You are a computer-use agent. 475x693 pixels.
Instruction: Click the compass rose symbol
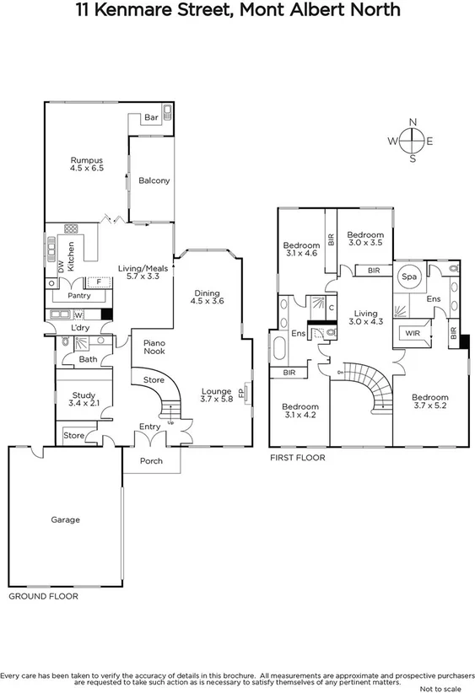[x=412, y=141]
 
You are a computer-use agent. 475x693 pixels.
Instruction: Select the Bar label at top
[x=152, y=117]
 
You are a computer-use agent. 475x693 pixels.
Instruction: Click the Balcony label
[x=154, y=180]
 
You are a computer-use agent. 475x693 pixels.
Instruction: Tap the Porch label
[x=152, y=461]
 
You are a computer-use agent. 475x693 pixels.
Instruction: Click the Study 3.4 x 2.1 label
[x=82, y=400]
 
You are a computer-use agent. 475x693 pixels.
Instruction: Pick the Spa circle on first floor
[x=410, y=277]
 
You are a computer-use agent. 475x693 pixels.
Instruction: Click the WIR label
[x=413, y=334]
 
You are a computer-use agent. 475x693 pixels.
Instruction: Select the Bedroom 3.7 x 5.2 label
[x=429, y=401]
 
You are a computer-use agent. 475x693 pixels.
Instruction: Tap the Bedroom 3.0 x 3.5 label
[x=365, y=239]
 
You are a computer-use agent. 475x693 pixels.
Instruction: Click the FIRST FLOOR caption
[x=297, y=458]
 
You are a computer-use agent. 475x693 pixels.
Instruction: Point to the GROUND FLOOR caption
[x=43, y=596]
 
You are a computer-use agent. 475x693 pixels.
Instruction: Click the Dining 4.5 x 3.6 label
[x=207, y=296]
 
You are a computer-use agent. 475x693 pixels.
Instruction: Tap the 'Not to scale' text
[x=448, y=686]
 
